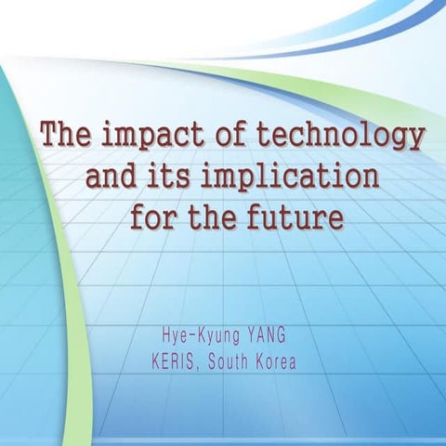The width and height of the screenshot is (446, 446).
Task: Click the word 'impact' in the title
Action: click(148, 137)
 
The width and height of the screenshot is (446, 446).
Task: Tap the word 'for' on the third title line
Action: click(152, 217)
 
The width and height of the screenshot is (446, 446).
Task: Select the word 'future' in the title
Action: click(295, 217)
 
